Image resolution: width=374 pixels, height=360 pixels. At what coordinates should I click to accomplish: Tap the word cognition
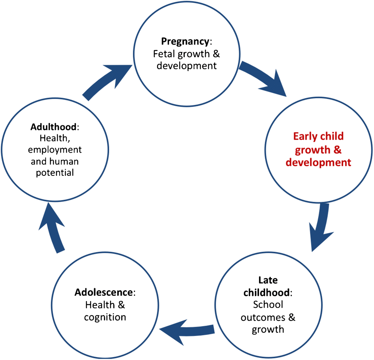105,317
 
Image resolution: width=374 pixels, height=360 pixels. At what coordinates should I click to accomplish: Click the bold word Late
268,280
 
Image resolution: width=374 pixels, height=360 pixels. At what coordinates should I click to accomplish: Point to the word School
268,305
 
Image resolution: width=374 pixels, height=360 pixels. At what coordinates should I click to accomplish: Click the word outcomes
264,317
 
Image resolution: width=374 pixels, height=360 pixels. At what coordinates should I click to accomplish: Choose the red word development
318,163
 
